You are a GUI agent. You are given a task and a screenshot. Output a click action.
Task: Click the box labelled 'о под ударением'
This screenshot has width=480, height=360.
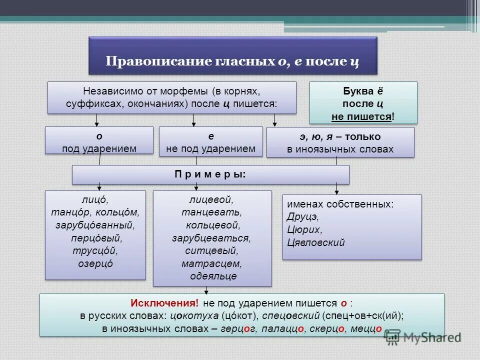[99, 142]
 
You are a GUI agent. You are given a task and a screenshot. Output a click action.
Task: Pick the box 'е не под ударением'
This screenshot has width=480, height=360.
[210, 142]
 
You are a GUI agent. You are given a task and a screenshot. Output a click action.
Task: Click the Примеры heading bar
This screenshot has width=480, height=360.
[210, 174]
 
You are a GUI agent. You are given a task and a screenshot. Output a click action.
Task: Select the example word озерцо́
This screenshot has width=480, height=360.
[95, 263]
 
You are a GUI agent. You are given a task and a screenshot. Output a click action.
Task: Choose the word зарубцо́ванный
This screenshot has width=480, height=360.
[95, 225]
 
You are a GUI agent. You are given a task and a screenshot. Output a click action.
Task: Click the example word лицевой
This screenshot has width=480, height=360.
[211, 200]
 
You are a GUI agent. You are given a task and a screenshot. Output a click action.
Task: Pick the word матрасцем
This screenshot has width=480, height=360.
[212, 263]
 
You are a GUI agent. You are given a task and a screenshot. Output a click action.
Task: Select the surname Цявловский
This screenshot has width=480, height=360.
[316, 242]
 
